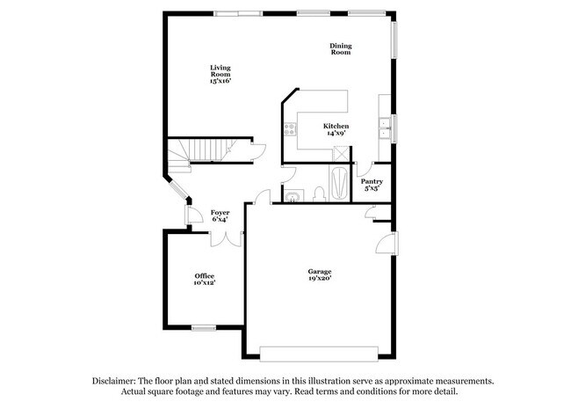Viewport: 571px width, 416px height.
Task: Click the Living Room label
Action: pyautogui.click(x=219, y=74)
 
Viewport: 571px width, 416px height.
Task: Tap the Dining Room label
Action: pyautogui.click(x=340, y=49)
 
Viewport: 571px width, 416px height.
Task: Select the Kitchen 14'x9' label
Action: pyautogui.click(x=336, y=129)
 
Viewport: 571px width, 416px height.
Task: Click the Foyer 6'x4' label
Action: pyautogui.click(x=220, y=215)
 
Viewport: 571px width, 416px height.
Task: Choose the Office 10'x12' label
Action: pyautogui.click(x=204, y=280)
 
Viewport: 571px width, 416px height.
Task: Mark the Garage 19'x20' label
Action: pyautogui.click(x=319, y=274)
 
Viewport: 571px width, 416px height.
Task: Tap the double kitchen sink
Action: pyautogui.click(x=385, y=128)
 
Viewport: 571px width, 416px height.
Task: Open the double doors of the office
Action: pyautogui.click(x=227, y=237)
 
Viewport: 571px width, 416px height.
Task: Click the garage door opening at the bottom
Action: pyautogui.click(x=320, y=353)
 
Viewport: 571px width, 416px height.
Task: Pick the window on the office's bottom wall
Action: pyautogui.click(x=204, y=328)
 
